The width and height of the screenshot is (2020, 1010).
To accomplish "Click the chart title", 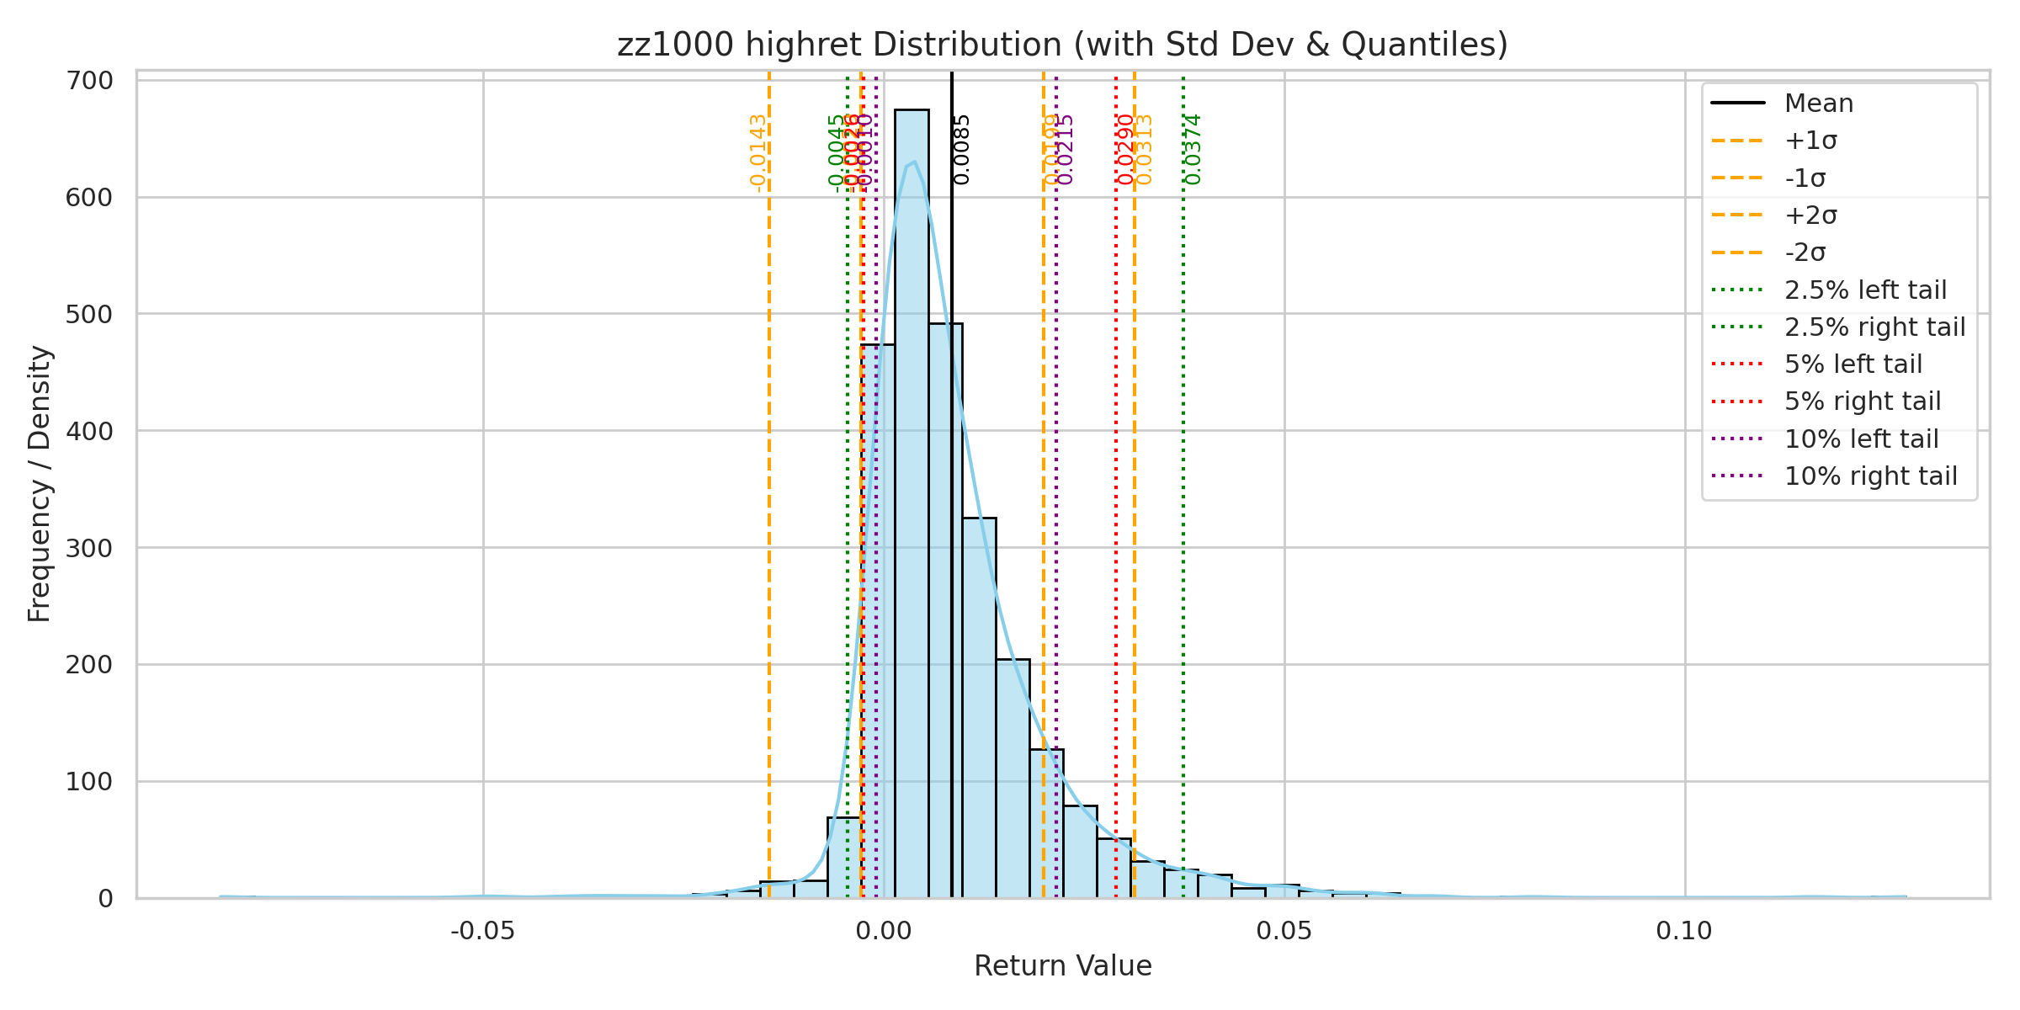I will click(x=1062, y=45).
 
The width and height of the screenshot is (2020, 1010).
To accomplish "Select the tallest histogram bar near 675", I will click(x=912, y=505).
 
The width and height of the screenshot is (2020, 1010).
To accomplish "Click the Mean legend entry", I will click(x=1818, y=104).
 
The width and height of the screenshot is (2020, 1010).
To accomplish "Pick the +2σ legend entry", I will click(x=1810, y=215).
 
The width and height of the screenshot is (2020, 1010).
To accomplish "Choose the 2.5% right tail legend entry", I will click(x=1874, y=327).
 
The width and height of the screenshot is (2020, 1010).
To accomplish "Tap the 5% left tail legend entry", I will click(x=1853, y=364).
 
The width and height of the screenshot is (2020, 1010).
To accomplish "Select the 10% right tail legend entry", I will click(x=1870, y=476).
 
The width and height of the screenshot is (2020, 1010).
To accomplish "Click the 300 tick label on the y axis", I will click(x=88, y=548).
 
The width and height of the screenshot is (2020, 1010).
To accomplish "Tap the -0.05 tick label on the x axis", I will click(x=482, y=931).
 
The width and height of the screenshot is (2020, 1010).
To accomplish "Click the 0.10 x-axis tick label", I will click(x=1684, y=931).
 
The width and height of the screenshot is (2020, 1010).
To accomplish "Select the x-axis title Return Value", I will click(x=1062, y=966).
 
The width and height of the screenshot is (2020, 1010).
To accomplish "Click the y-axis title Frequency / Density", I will click(x=40, y=484).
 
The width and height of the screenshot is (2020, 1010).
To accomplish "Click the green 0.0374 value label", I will click(x=1193, y=149).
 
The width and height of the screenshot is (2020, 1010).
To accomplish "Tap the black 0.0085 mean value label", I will click(x=962, y=149).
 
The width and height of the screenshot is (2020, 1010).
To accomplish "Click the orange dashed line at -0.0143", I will click(x=769, y=505).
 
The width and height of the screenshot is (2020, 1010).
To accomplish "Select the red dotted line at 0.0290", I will click(x=1116, y=505).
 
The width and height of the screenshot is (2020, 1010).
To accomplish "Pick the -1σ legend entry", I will click(x=1805, y=178).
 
